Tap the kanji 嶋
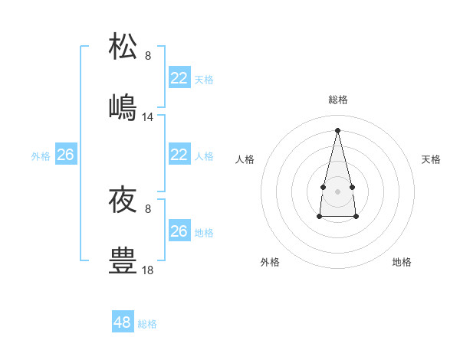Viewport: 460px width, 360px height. [123, 107]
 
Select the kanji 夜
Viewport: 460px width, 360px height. [123, 200]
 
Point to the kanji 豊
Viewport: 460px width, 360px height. [123, 260]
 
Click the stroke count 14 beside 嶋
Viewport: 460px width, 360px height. [148, 117]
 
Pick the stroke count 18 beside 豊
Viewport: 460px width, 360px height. [148, 270]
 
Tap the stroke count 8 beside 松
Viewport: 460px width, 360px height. [148, 56]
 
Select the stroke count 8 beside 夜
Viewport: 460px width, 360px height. [148, 209]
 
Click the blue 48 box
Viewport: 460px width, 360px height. [123, 322]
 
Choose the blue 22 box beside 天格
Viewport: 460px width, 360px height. [179, 78]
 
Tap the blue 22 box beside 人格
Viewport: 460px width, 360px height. [179, 155]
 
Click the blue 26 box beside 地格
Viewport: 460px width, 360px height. [179, 231]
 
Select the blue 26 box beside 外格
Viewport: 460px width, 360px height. [66, 155]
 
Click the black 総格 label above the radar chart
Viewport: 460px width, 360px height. [338, 100]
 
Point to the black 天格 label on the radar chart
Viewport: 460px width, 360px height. [431, 159]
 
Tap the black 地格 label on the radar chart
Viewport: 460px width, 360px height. [402, 262]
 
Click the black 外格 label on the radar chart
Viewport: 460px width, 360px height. [270, 262]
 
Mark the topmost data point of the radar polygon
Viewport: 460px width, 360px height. [338, 129]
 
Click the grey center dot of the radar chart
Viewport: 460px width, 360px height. [338, 190]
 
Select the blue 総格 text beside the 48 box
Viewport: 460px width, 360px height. [147, 324]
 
